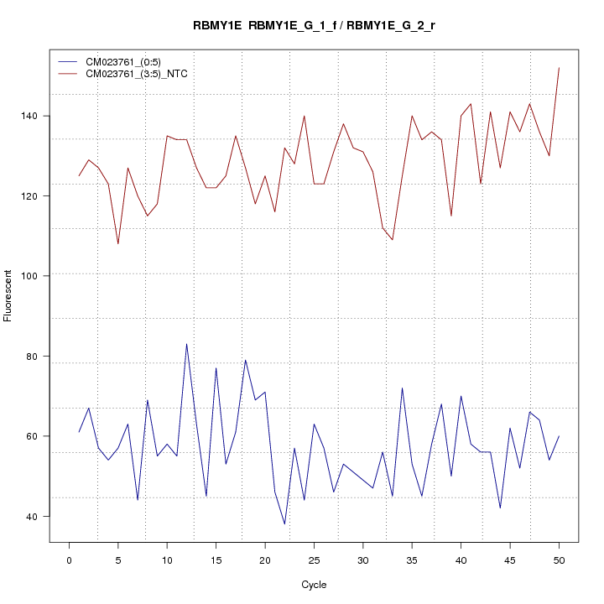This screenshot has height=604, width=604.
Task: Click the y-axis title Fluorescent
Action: click(x=9, y=295)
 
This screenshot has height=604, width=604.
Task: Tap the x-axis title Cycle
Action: click(x=314, y=585)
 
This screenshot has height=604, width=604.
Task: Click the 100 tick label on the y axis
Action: click(x=32, y=276)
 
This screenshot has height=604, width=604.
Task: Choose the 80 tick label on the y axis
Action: click(x=32, y=356)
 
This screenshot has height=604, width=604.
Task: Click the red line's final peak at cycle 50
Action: click(x=559, y=67)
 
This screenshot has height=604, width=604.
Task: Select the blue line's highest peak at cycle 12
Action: click(x=186, y=344)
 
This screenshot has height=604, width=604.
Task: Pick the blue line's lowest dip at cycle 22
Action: click(x=284, y=524)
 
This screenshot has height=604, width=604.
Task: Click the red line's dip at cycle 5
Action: click(x=118, y=244)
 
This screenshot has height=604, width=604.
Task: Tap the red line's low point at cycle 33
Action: click(x=393, y=240)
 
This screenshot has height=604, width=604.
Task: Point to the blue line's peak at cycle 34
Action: click(x=402, y=388)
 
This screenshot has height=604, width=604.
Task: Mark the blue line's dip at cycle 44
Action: click(x=500, y=508)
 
